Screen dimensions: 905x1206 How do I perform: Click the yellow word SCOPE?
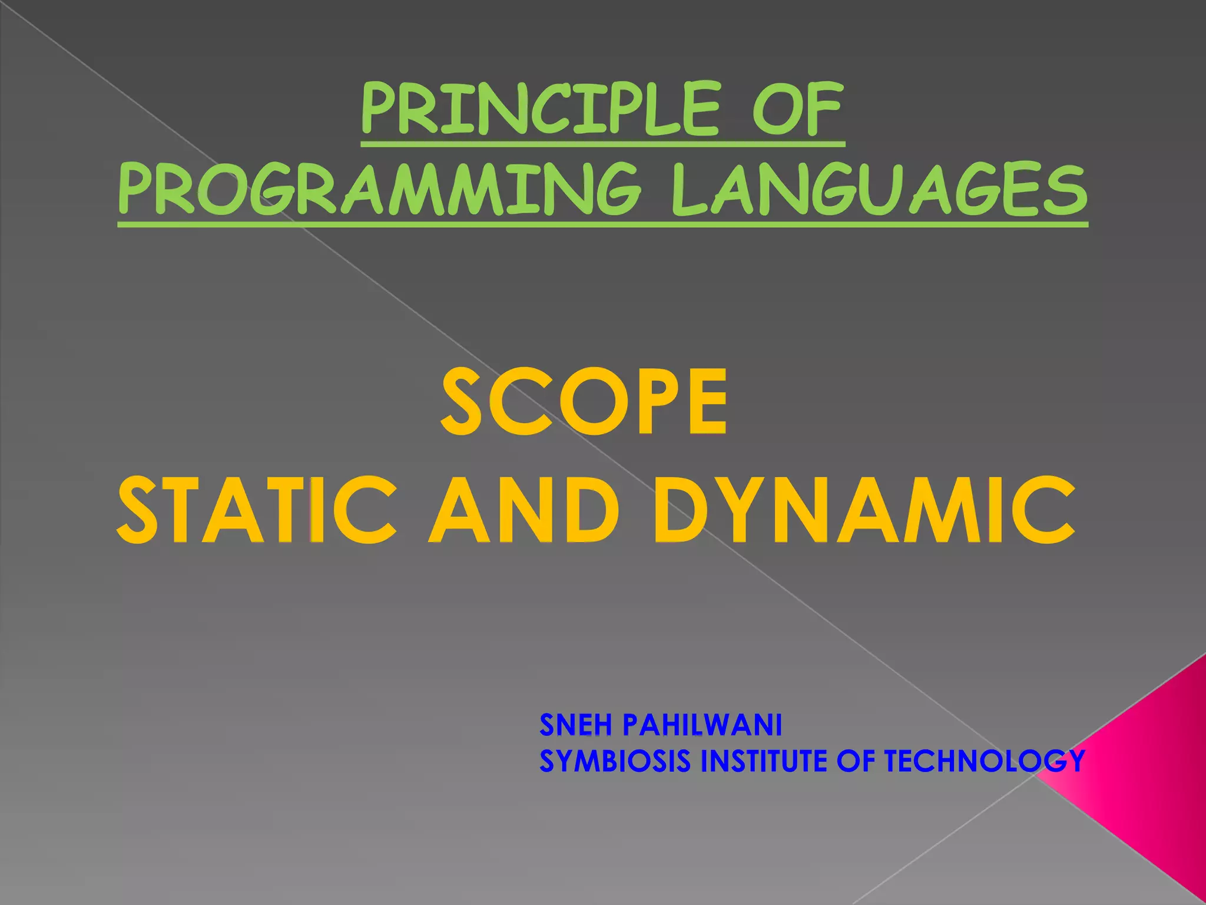(x=584, y=402)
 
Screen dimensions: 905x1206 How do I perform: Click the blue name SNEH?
(x=575, y=725)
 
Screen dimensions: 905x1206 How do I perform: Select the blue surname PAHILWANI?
(x=702, y=725)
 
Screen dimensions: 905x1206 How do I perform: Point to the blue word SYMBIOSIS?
(x=615, y=761)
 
